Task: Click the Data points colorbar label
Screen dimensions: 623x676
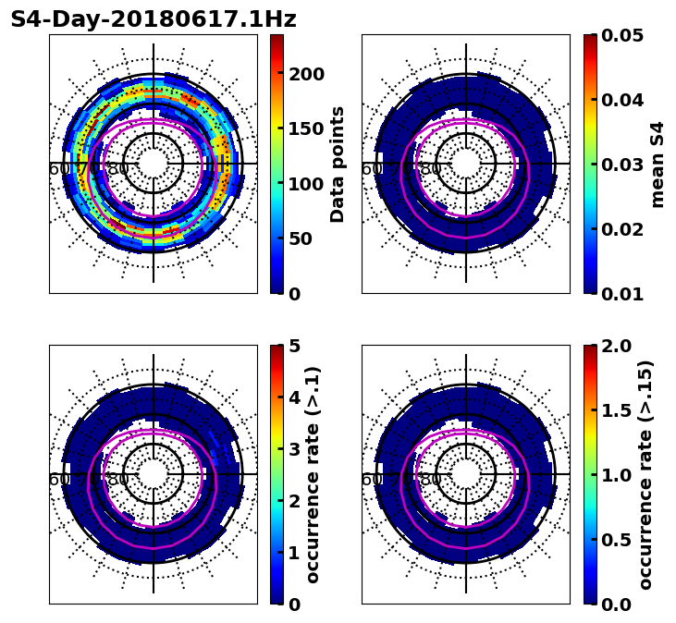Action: [338, 164]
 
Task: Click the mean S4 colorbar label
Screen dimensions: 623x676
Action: [658, 164]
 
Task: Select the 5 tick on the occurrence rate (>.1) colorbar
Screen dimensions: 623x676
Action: [294, 346]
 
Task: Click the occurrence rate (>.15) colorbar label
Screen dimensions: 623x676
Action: [645, 474]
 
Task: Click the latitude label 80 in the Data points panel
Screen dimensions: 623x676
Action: [118, 169]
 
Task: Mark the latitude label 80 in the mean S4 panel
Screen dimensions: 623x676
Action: [431, 169]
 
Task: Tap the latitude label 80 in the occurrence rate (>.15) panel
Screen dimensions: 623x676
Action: [431, 480]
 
